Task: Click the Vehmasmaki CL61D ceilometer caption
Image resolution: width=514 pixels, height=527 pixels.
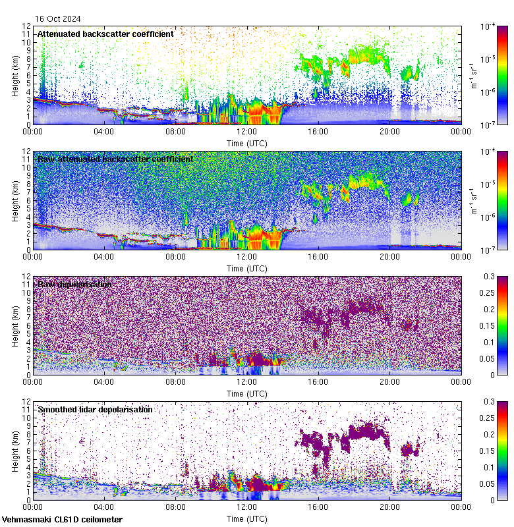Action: (62, 520)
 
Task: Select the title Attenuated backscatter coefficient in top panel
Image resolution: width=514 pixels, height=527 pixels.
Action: (105, 34)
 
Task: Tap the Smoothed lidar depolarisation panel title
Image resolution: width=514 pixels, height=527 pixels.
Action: (95, 409)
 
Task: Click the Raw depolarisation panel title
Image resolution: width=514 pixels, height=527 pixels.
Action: (74, 284)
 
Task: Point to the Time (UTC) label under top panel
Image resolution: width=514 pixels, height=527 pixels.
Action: (247, 143)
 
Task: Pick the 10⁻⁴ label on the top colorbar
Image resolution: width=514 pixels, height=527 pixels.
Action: (489, 26)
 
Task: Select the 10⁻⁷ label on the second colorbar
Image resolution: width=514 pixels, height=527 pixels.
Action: (489, 250)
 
